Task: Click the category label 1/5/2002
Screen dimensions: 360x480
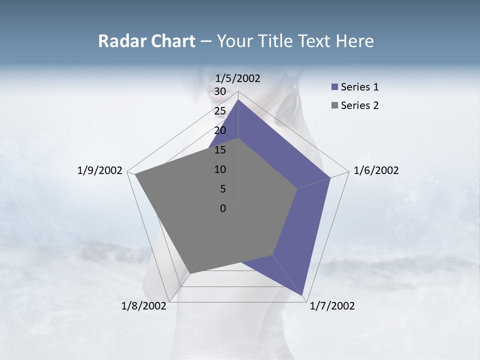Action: pos(238,78)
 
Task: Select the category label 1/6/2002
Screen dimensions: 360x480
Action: pos(376,170)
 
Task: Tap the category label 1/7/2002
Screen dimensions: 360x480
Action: pos(332,306)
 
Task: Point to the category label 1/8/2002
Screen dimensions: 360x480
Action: pos(144,306)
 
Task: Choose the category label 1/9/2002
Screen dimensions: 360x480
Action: pos(100,170)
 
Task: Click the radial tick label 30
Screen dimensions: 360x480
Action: pos(220,91)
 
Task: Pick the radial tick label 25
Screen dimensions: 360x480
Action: pos(220,111)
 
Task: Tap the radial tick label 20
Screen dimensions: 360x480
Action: pos(220,130)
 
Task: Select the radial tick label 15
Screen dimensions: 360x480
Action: pos(220,150)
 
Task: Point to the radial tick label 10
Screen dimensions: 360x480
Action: pos(220,169)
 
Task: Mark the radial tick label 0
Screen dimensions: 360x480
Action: pos(223,208)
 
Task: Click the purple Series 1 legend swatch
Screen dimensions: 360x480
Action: pos(334,87)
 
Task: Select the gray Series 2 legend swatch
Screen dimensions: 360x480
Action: pos(334,105)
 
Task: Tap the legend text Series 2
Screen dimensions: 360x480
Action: pos(359,105)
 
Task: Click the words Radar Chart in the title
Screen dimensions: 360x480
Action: pos(146,41)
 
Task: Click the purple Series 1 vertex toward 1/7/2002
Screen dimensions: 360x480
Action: pos(303,294)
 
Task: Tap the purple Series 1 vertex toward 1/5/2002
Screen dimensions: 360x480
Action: pos(238,100)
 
